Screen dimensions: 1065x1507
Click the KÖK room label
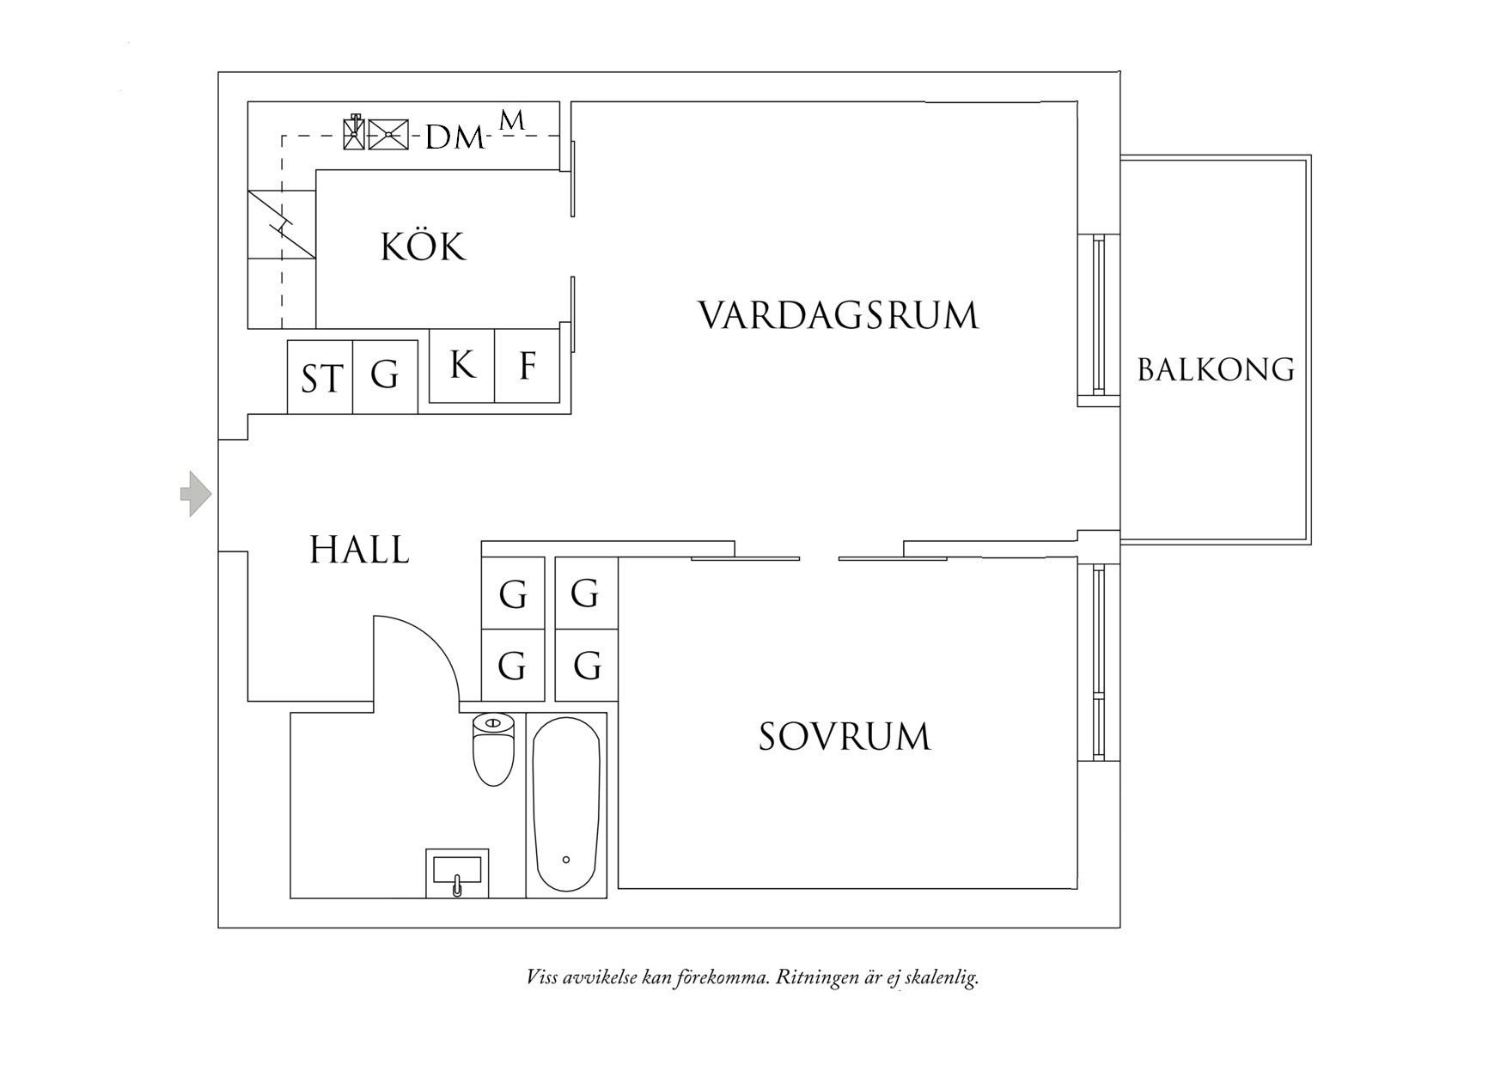pos(423,247)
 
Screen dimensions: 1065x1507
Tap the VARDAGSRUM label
pos(838,315)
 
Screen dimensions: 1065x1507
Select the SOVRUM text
pos(845,737)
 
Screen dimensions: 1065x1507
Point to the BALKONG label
pos(1216,370)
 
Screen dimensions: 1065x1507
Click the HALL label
pos(359,550)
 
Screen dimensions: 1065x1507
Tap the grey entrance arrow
pos(196,494)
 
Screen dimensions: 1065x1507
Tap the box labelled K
pos(462,366)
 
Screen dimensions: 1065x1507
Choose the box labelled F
pos(528,366)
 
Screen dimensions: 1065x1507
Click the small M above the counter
pos(512,121)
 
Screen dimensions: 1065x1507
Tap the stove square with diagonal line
pos(282,223)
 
